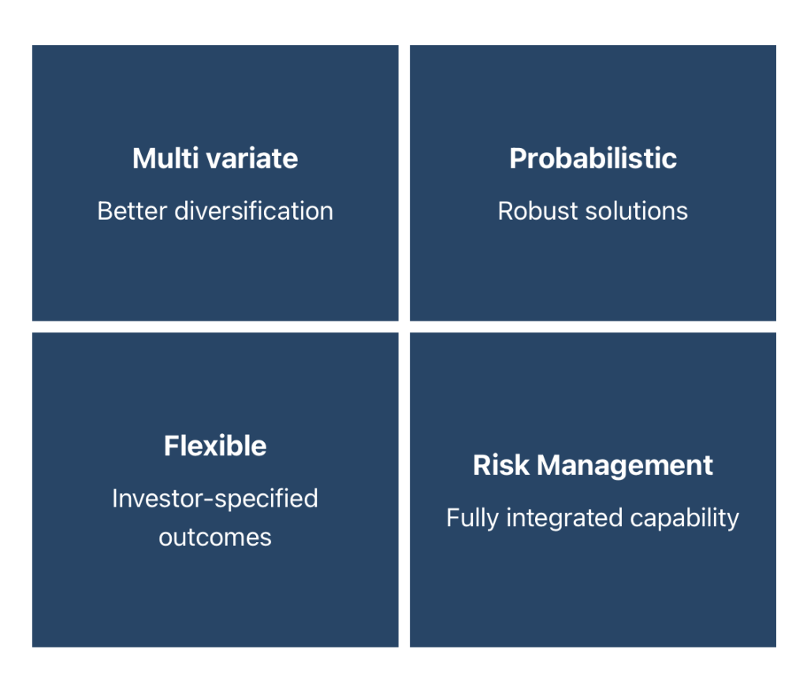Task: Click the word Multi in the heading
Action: point(165,158)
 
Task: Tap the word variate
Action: point(252,158)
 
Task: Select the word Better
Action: point(132,211)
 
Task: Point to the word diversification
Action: point(254,211)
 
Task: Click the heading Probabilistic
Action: point(593,158)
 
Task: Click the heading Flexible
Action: point(215,445)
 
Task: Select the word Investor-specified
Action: point(215,499)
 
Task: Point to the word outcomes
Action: point(215,538)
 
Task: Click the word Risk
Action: point(501,465)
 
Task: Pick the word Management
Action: point(625,466)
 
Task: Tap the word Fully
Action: point(473,518)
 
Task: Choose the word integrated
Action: point(564,518)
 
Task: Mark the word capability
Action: point(685,518)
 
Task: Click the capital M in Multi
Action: point(143,158)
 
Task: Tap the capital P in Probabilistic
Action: point(519,158)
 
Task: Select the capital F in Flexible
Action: point(172,445)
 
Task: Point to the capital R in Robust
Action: point(507,211)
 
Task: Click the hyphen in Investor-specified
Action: point(209,499)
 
